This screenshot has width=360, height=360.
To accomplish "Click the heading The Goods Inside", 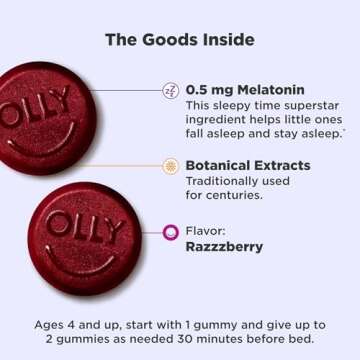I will pyautogui.click(x=180, y=40).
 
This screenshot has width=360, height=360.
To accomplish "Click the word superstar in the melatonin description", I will pyautogui.click(x=297, y=105).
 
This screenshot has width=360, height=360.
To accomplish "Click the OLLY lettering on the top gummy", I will pyautogui.click(x=45, y=101).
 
